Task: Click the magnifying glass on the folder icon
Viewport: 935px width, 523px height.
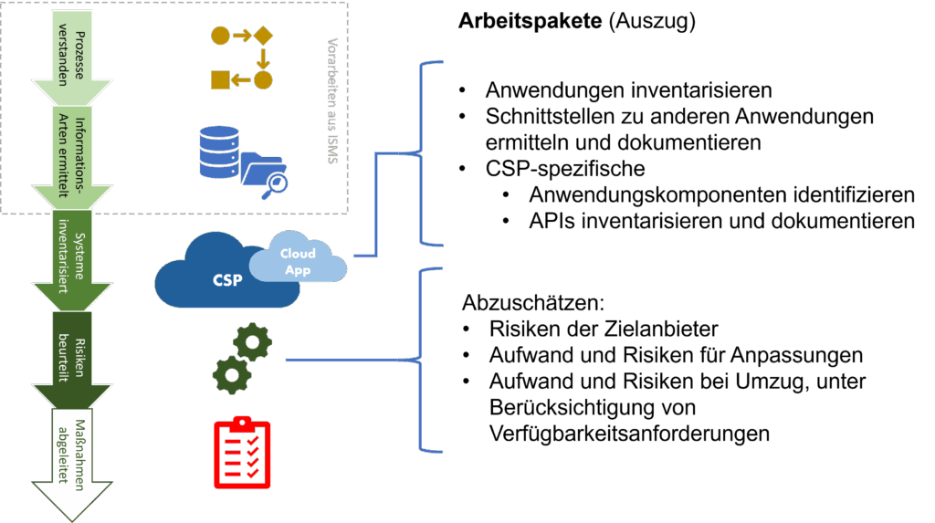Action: tap(277, 183)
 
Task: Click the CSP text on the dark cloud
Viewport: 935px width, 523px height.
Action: tap(227, 279)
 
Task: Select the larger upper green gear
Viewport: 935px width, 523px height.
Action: tap(253, 343)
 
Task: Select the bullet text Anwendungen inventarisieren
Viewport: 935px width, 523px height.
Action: tap(628, 90)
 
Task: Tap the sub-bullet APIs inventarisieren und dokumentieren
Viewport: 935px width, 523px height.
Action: tap(720, 221)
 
